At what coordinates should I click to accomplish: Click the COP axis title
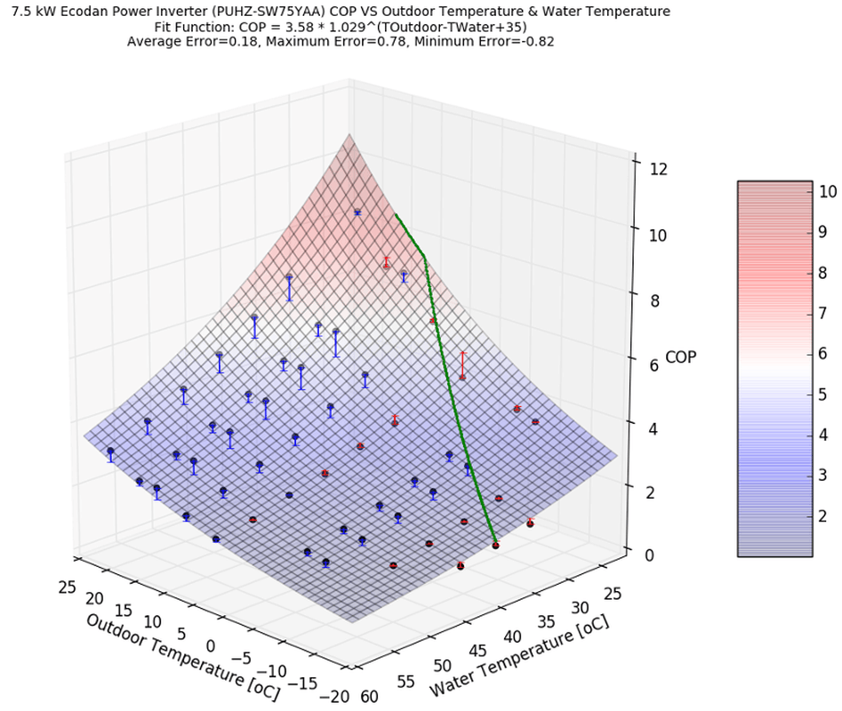click(680, 357)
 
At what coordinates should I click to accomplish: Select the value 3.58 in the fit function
click(285, 27)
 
